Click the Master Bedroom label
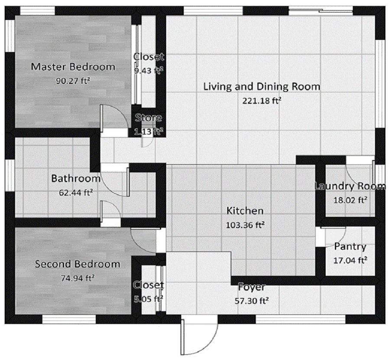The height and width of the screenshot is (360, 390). point(74,67)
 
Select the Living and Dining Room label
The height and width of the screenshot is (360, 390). point(262,86)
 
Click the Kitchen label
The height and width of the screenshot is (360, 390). point(245,211)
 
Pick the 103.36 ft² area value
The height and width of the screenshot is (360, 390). point(245,225)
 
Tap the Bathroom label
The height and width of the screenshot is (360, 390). point(76,178)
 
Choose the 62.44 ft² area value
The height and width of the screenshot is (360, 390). point(76,192)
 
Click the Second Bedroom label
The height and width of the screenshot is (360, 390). point(78,264)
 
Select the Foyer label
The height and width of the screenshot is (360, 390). point(251,287)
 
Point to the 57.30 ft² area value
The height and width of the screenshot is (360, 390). point(252,300)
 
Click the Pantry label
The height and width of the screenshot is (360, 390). point(350,247)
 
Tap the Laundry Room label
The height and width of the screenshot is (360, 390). point(350,187)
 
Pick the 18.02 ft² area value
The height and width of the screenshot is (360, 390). point(350,200)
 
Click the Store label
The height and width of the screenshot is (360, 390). point(149,118)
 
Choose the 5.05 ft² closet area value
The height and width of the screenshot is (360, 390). point(148,298)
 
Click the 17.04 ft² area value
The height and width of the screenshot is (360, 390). point(351,260)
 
